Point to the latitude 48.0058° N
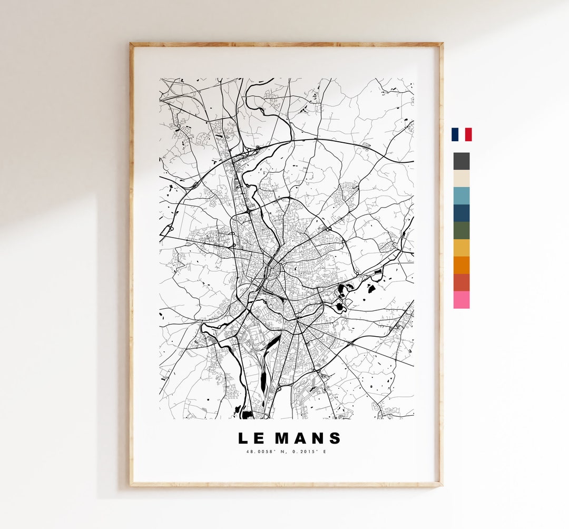pyautogui.click(x=268, y=452)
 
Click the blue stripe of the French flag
pyautogui.click(x=454, y=134)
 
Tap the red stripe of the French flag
pyautogui.click(x=468, y=134)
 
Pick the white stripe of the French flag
pyautogui.click(x=462, y=134)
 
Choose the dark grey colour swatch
pyautogui.click(x=462, y=161)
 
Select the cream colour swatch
pyautogui.click(x=462, y=179)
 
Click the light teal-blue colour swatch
pyautogui.click(x=462, y=195)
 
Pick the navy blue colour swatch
pyautogui.click(x=462, y=213)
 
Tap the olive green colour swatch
pyautogui.click(x=462, y=230)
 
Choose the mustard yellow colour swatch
pyautogui.click(x=462, y=248)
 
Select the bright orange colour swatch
pyautogui.click(x=462, y=265)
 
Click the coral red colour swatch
pyautogui.click(x=462, y=282)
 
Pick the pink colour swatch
pyautogui.click(x=462, y=300)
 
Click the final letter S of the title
pyautogui.click(x=336, y=438)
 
